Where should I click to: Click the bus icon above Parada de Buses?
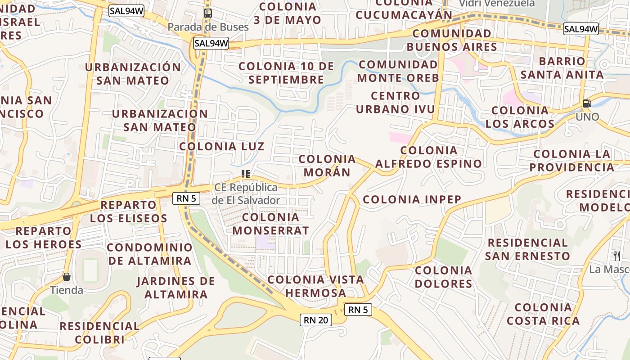[207, 13]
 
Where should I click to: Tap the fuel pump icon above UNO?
[587, 103]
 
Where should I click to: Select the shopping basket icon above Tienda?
[67, 277]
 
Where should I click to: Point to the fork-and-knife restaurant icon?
[617, 256]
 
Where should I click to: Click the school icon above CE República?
[246, 174]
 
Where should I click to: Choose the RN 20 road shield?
[316, 320]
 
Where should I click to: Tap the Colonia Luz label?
[222, 147]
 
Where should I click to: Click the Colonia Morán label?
[327, 166]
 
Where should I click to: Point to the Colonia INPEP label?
[412, 199]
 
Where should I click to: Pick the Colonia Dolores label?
[444, 277]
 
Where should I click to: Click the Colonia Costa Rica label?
[543, 314]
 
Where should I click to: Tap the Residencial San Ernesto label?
[528, 249]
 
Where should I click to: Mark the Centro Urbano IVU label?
[396, 103]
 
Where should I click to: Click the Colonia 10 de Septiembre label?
[286, 73]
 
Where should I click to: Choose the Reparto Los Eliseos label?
[128, 211]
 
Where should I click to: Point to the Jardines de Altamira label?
[176, 288]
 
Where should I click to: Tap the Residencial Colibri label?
[99, 333]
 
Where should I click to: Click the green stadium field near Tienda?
[90, 269]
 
